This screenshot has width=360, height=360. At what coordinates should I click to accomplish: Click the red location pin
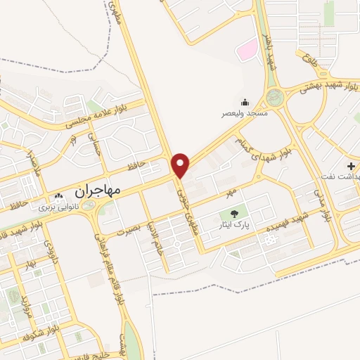click(x=181, y=165)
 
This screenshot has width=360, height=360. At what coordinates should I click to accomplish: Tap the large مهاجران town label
click(x=96, y=190)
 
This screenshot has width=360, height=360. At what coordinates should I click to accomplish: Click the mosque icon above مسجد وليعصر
click(x=245, y=102)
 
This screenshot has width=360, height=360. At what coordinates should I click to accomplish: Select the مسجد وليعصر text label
click(x=245, y=113)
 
